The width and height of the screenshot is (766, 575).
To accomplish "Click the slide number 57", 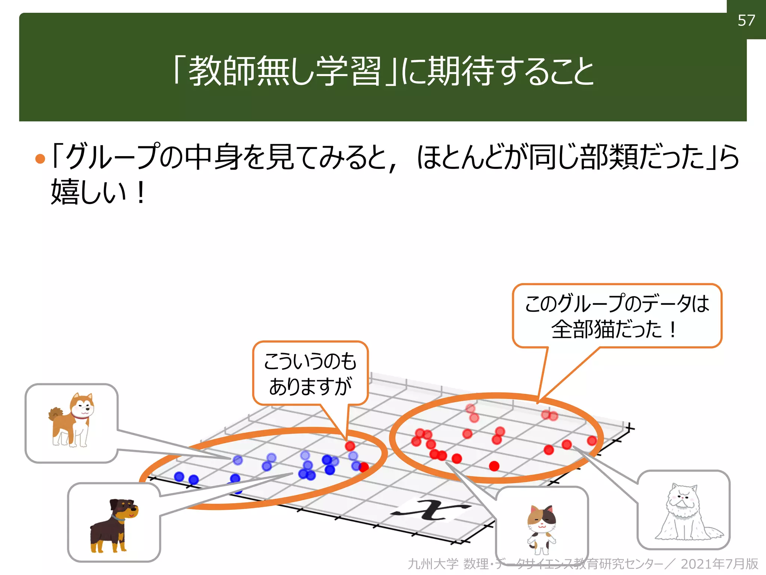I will pos(746,20).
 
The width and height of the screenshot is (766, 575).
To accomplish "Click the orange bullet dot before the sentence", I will pos(40,159).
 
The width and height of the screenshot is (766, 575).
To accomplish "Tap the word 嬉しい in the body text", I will pos(88,192).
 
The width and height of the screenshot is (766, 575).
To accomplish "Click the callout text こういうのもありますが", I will pos(310,374).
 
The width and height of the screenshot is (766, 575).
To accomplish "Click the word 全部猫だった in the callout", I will pos(606,329).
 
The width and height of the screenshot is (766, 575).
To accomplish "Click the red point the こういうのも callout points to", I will pos(350,446).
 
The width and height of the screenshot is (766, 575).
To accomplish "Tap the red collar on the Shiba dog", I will pos(79,415).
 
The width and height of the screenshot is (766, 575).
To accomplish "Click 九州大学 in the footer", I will pos(433,564).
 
